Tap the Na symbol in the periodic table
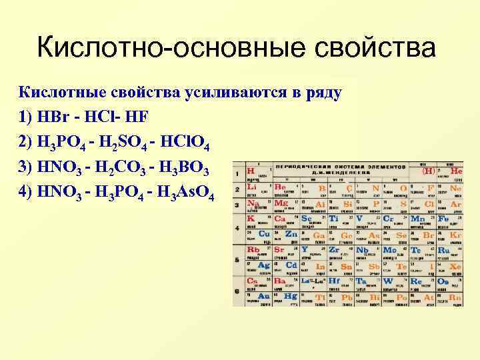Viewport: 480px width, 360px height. click(x=254, y=203)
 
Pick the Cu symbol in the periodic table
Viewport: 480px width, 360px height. click(x=264, y=233)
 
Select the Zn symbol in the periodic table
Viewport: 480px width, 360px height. click(x=291, y=234)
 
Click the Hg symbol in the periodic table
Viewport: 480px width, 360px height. click(x=290, y=295)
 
